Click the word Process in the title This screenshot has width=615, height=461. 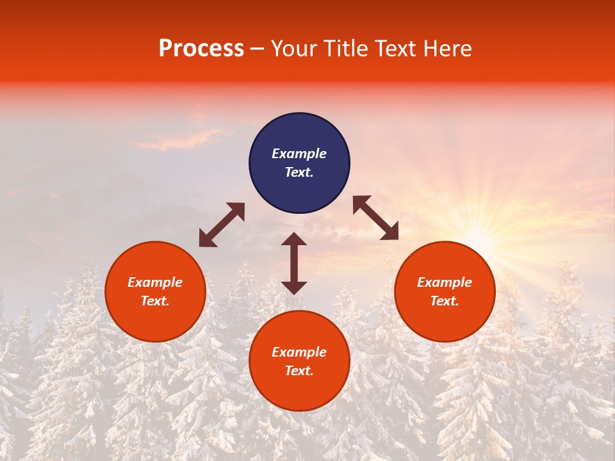point(201,49)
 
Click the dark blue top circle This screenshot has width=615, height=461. point(299,134)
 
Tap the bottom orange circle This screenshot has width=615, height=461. point(299,387)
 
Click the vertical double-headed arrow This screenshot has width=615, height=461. point(294,263)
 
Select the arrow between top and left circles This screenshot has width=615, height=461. point(222,225)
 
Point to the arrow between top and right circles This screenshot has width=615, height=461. point(376,218)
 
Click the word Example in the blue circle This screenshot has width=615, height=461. point(299,154)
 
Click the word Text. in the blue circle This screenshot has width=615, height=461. point(299,172)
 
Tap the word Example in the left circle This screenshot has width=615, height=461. point(155,282)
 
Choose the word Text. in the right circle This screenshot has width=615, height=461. point(445,301)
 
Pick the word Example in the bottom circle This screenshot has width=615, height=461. point(299,352)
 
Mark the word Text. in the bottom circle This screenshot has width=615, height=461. point(299,371)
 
